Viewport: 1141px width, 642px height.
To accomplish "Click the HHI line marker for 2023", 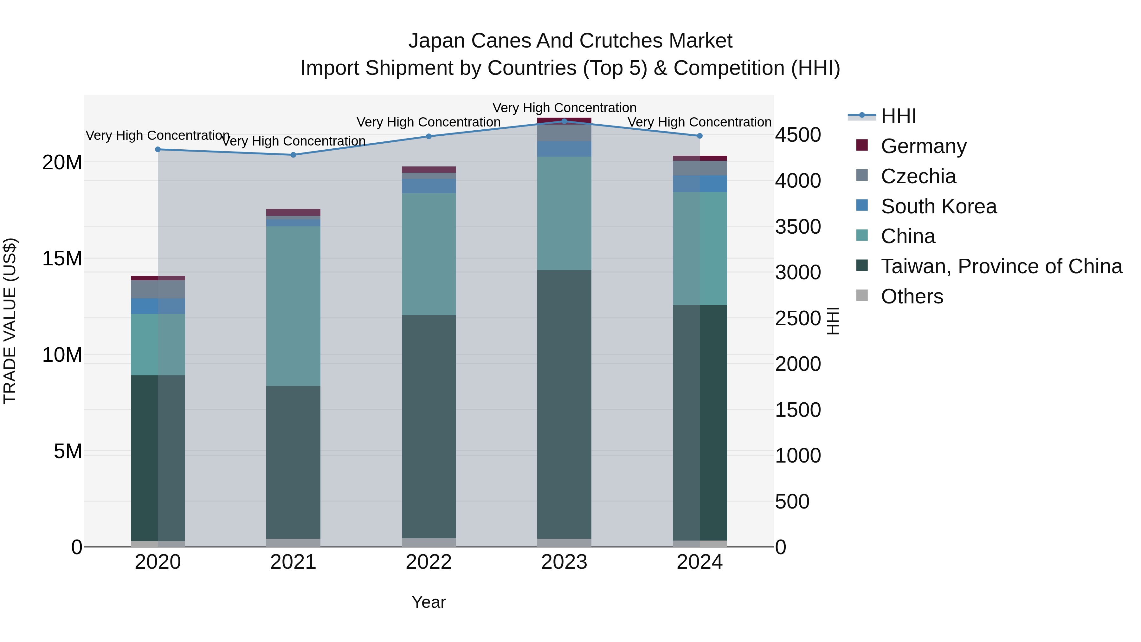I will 564,121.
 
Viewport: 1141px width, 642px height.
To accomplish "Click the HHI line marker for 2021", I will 293,155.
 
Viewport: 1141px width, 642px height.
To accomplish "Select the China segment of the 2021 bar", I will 293,306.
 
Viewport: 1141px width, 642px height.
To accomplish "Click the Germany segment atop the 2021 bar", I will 293,212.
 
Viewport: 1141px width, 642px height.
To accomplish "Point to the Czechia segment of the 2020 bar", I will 158,289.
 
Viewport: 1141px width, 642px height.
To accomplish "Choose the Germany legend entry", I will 924,146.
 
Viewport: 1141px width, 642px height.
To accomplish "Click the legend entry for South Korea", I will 938,206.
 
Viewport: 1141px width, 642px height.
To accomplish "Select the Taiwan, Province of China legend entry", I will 1001,266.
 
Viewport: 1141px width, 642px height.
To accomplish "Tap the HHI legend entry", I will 898,116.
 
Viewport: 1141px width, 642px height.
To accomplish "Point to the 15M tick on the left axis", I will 62,258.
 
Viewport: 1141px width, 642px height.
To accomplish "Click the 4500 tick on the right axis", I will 798,135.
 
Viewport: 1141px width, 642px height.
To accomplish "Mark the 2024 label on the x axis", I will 699,562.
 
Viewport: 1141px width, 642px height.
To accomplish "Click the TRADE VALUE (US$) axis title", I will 10,321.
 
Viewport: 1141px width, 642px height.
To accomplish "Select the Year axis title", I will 428,602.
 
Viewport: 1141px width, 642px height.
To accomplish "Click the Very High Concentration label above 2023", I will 564,108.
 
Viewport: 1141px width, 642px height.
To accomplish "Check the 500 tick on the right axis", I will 792,502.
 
